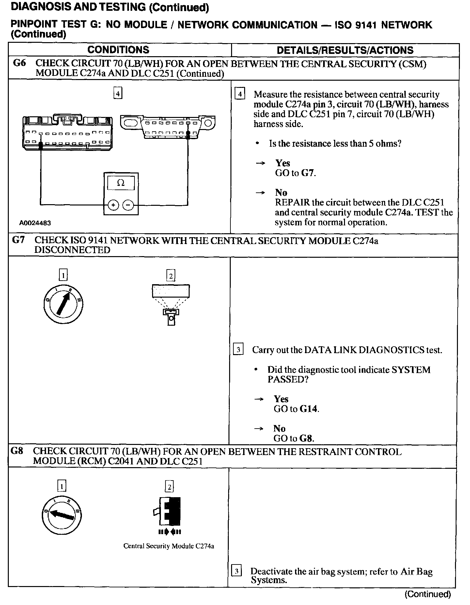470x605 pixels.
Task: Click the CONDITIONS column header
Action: [118, 50]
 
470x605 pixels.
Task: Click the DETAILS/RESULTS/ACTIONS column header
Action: [345, 50]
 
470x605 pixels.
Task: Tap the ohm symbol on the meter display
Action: [121, 183]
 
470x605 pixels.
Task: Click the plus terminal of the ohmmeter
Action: [113, 205]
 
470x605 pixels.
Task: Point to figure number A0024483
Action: [35, 223]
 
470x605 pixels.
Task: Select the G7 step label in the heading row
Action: [18, 240]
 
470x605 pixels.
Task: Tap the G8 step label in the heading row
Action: [17, 451]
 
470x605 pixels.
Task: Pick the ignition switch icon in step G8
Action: [62, 515]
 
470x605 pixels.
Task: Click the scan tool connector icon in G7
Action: [171, 304]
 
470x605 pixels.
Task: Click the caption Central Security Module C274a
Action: [169, 546]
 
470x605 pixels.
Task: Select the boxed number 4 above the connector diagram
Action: [118, 94]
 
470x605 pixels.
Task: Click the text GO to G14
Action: [296, 409]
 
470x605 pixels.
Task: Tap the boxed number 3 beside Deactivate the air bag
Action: [236, 571]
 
